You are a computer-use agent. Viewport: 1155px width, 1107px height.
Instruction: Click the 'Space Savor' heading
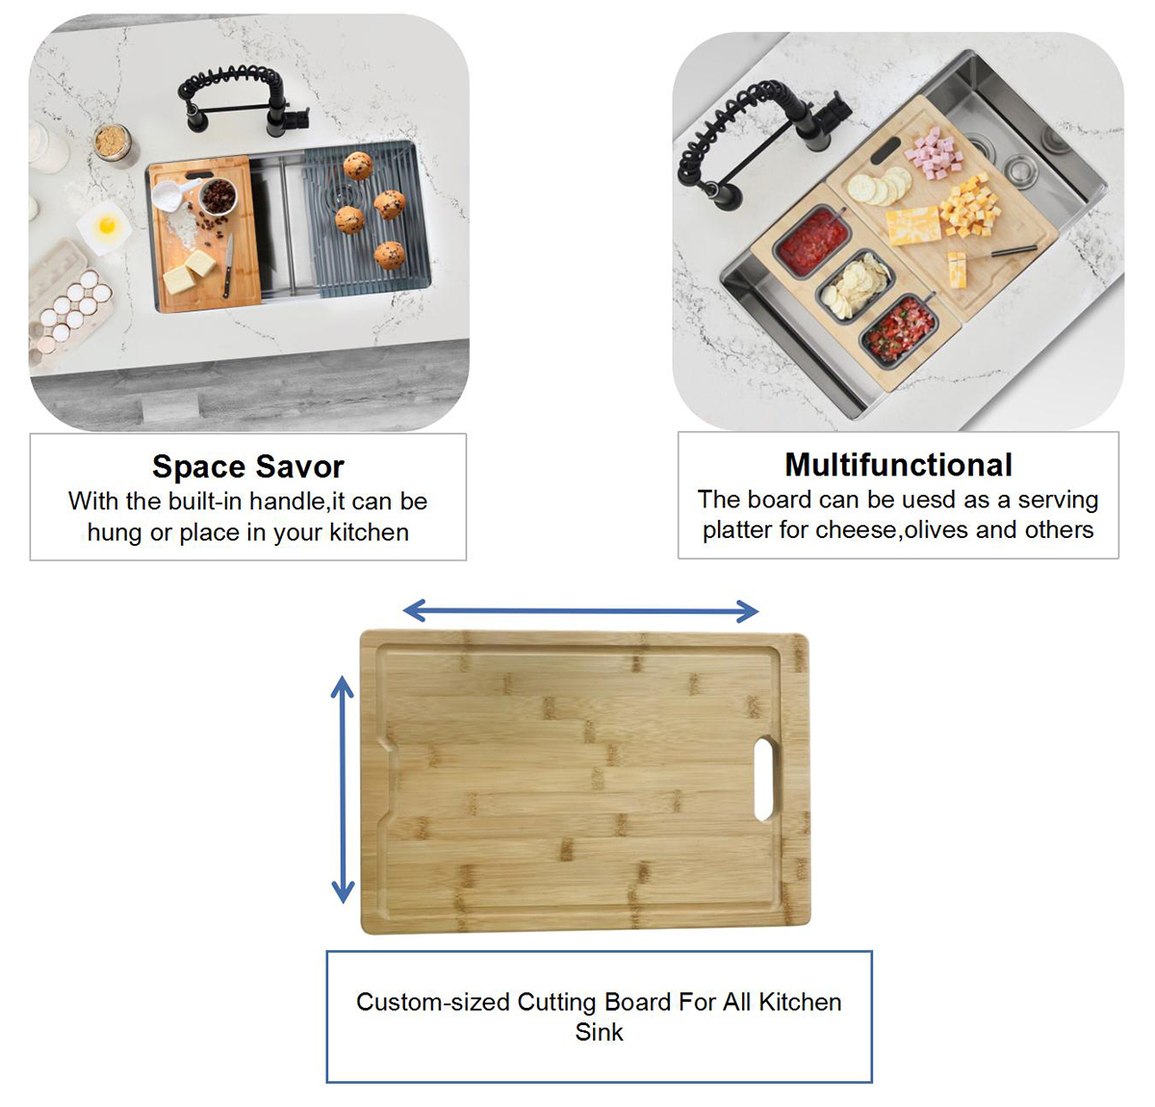248,467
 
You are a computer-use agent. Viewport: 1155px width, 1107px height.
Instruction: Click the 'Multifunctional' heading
899,465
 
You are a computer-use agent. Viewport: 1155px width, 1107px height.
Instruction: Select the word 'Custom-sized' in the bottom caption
433,1002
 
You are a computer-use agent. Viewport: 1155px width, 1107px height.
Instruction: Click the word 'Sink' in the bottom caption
599,1033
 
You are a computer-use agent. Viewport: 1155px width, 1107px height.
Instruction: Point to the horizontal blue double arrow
581,611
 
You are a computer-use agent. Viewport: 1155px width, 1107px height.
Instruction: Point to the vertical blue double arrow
343,789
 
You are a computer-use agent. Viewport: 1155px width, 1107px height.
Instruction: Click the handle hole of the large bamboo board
763,780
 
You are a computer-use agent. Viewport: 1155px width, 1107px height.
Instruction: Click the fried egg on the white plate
108,225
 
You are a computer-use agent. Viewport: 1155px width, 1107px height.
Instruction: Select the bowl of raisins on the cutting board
218,195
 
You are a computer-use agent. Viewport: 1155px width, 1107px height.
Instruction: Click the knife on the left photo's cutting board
227,266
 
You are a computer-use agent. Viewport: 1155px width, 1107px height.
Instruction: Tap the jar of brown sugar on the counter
113,143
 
